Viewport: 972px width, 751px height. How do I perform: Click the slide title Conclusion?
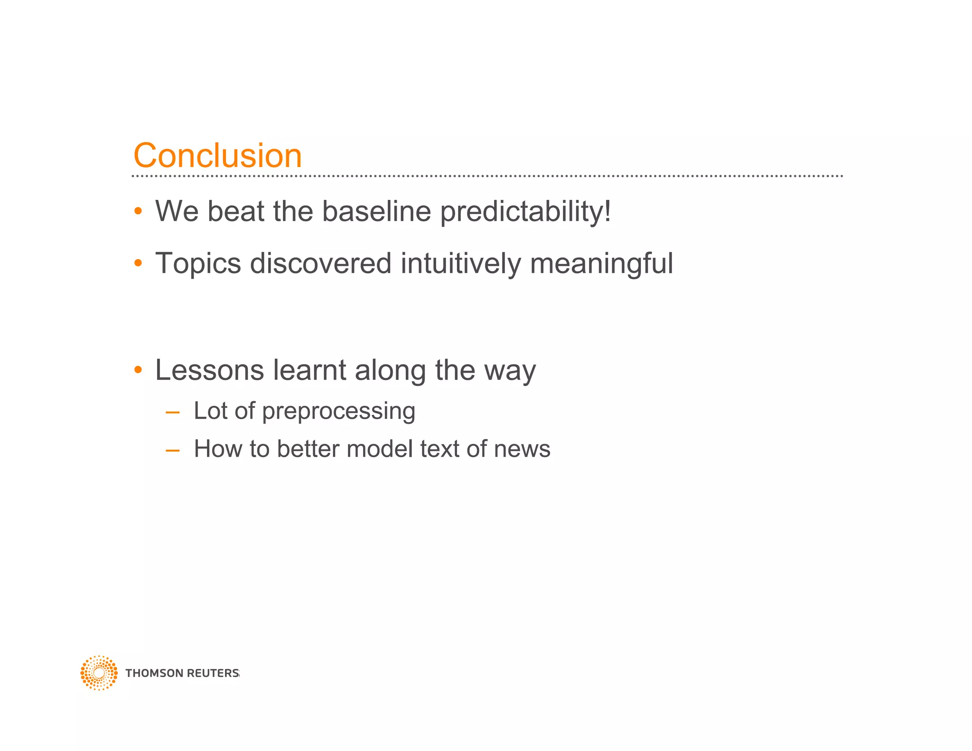217,155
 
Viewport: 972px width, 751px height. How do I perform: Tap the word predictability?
525,212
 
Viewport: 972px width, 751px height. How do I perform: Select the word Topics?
198,263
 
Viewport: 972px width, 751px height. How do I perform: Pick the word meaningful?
601,264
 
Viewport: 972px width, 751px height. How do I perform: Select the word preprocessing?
338,411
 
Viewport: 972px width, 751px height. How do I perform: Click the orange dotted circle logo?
99,673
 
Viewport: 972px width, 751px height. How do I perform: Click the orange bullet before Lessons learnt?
138,369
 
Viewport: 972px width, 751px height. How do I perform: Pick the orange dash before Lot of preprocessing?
172,412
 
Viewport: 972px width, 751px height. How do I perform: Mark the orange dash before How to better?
172,450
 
